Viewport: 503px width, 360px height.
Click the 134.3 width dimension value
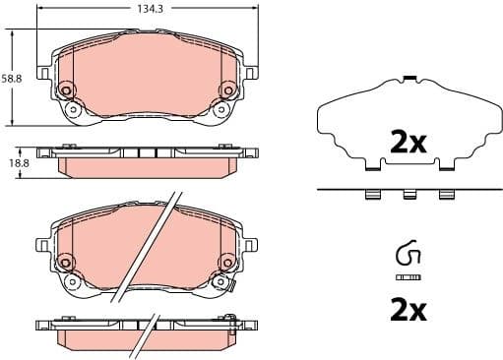(148, 8)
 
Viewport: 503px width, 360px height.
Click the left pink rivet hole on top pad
(67, 90)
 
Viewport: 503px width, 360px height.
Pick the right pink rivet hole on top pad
(226, 90)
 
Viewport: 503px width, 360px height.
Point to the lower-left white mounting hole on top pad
(71, 110)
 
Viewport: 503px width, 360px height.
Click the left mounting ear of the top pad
(42, 72)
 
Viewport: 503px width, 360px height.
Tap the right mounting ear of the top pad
(252, 72)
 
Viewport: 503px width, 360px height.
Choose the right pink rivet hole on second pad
(226, 263)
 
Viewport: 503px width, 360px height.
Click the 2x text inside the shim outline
(407, 143)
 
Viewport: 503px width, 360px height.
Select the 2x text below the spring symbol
(407, 312)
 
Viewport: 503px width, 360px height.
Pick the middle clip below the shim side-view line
(407, 195)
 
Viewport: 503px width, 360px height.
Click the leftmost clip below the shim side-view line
(373, 195)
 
